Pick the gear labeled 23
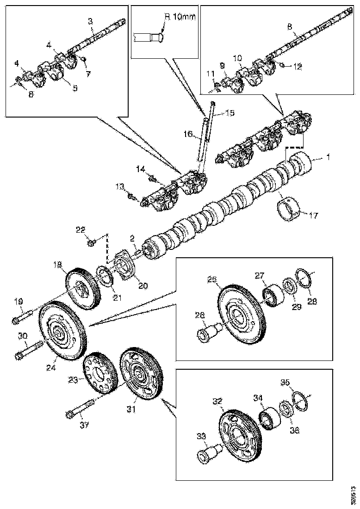[98, 370]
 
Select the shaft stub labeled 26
[206, 332]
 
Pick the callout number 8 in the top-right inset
[290, 27]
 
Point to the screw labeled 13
[132, 197]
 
